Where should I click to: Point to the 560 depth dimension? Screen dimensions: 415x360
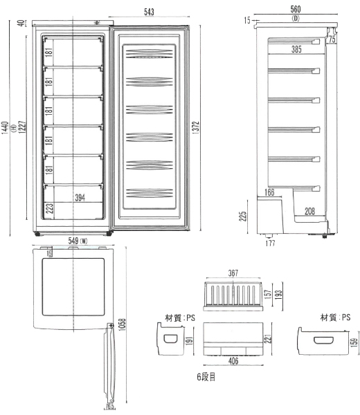coord(296,10)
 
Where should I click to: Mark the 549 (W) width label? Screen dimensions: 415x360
coord(78,241)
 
